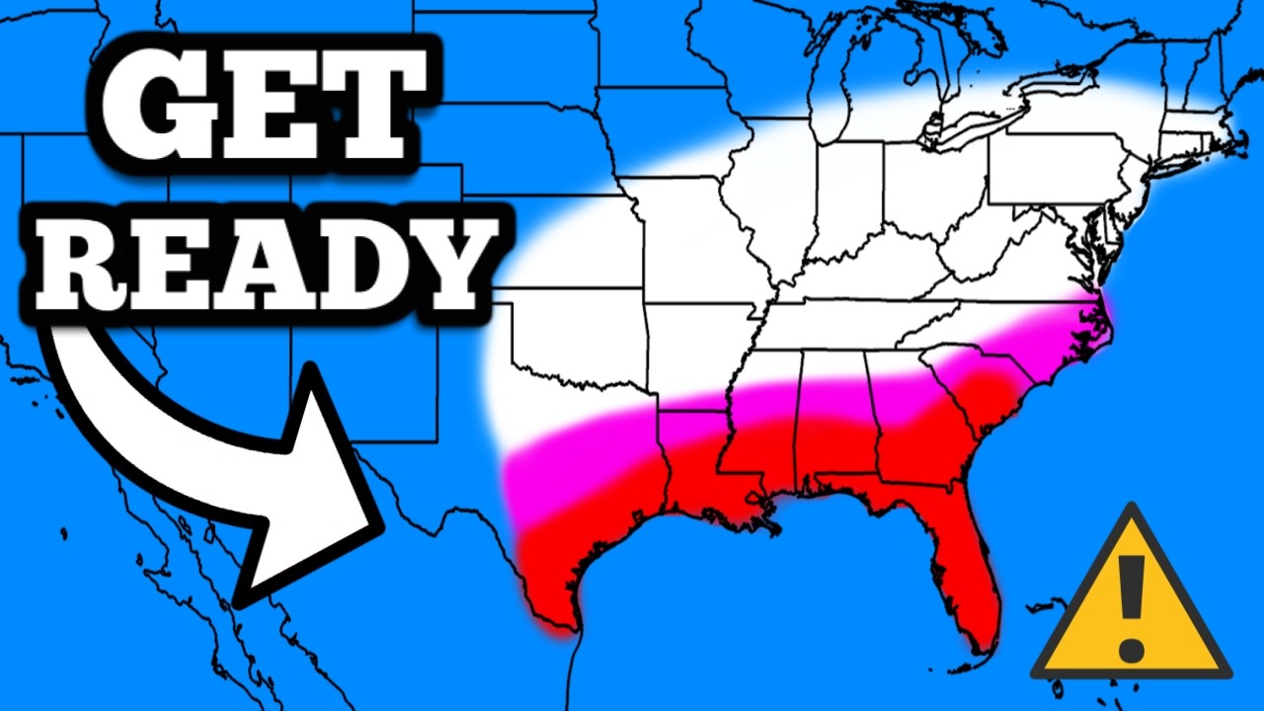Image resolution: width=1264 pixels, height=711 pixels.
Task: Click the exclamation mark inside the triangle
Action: coord(1132,607)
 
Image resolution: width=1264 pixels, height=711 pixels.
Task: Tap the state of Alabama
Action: coord(834,415)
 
